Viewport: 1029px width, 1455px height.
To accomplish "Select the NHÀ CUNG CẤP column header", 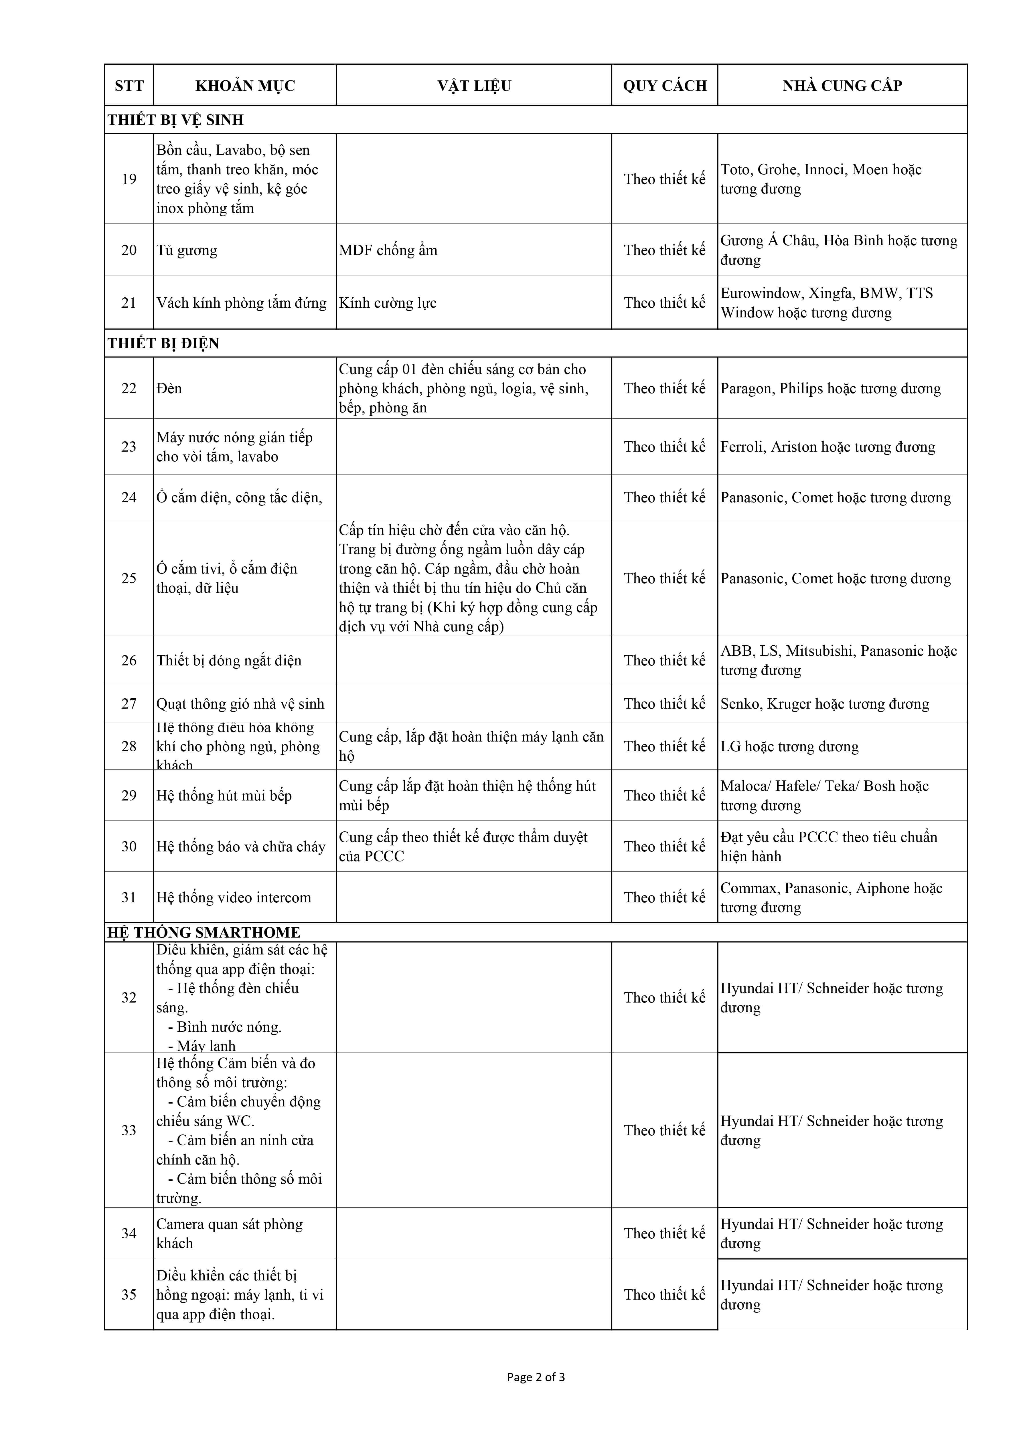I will pos(842,86).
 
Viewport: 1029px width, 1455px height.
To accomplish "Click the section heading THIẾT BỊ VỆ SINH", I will pos(175,120).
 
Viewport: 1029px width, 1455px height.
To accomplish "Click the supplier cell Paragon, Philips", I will pos(830,388).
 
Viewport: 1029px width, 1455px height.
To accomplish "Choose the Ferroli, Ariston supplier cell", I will pos(827,447).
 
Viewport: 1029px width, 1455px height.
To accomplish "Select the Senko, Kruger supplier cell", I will pos(824,703).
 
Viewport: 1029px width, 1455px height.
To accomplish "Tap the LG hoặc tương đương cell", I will pos(789,746).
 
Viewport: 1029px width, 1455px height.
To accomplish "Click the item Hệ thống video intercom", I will pos(234,897).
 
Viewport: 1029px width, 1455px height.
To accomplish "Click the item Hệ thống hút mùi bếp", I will pos(224,795).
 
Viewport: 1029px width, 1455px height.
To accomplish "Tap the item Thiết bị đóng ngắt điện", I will pos(229,660).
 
